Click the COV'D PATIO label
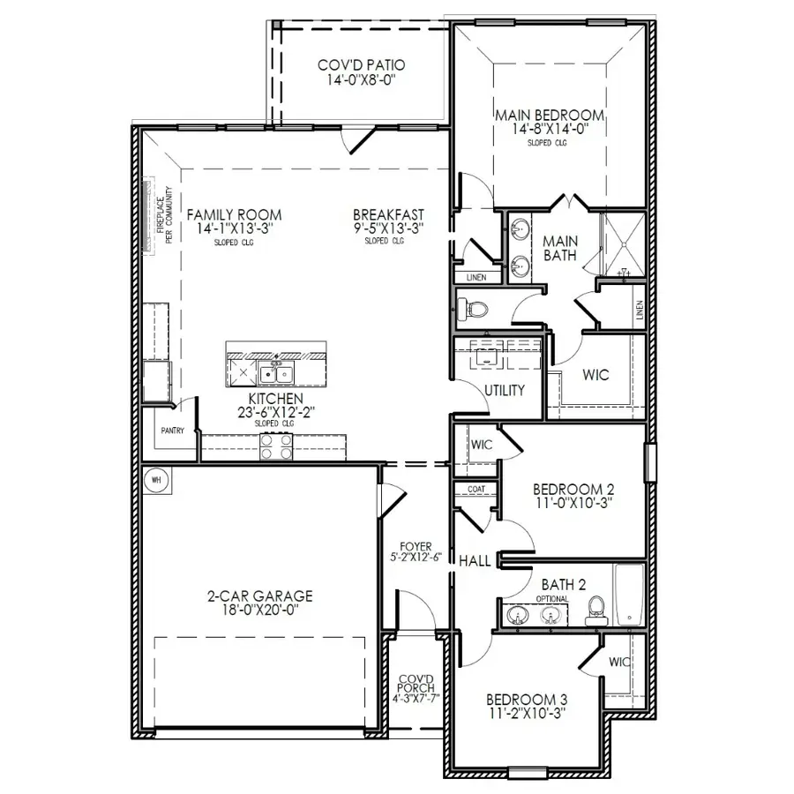pyautogui.click(x=360, y=66)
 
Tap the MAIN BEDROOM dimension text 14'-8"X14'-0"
pyautogui.click(x=549, y=129)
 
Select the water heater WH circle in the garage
pyautogui.click(x=157, y=479)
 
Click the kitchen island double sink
pyautogui.click(x=282, y=374)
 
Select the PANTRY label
pyautogui.click(x=173, y=431)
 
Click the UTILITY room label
pyautogui.click(x=504, y=390)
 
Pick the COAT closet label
pyautogui.click(x=476, y=489)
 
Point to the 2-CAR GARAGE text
pyautogui.click(x=253, y=596)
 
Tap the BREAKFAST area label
pyautogui.click(x=388, y=214)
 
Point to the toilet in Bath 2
pyautogui.click(x=596, y=608)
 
